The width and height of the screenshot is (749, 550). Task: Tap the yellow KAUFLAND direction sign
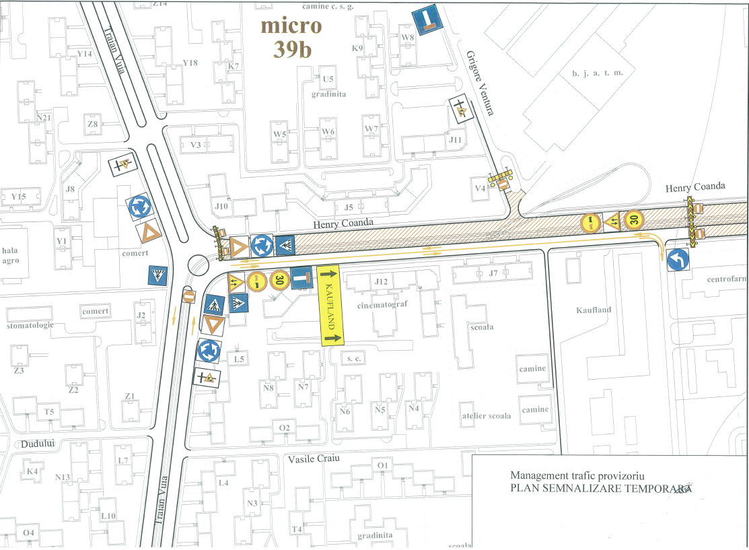tap(330, 306)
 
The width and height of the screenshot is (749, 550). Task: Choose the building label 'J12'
tap(382, 281)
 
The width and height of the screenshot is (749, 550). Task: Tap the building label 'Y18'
tap(190, 63)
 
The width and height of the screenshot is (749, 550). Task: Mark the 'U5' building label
tap(328, 79)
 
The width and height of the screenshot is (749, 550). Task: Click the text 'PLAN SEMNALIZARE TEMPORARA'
tap(601, 489)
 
